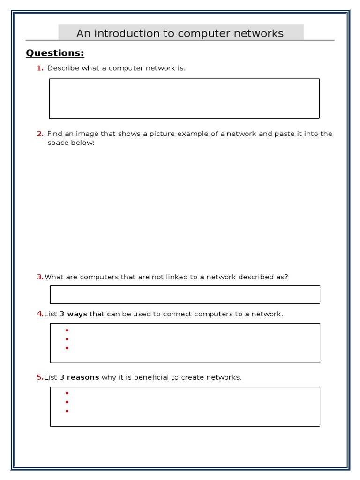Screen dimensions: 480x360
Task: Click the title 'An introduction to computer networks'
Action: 180,33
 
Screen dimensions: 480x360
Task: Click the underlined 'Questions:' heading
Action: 55,53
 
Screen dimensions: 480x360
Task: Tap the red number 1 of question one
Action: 40,68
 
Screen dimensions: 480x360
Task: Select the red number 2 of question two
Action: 40,134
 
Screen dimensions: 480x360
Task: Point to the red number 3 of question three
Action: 40,277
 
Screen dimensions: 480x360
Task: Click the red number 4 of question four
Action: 40,314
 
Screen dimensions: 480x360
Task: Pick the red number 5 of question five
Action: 40,377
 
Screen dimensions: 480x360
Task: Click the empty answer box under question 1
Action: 184,98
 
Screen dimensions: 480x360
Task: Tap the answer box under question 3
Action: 185,294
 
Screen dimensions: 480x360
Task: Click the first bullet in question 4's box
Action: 67,330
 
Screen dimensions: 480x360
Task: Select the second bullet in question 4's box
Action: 67,339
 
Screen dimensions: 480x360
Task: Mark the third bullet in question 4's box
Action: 67,348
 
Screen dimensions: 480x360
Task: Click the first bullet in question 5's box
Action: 67,393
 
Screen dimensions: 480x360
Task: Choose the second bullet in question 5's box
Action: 67,402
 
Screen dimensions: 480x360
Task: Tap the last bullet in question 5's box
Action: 67,411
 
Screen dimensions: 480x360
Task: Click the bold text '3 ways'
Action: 73,314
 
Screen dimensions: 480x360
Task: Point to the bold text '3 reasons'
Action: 79,377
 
